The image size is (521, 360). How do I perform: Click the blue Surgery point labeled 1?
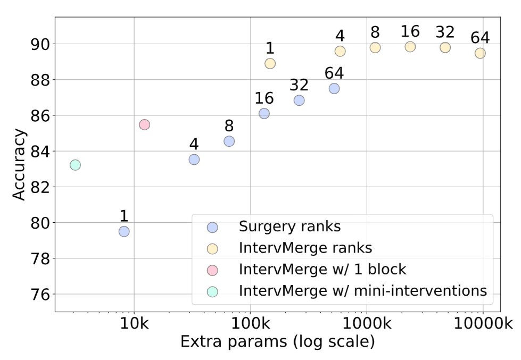tap(124, 231)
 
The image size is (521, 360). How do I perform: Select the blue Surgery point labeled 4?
tap(194, 160)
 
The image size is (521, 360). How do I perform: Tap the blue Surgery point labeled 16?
tap(264, 113)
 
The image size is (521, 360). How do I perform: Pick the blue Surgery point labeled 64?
tap(334, 88)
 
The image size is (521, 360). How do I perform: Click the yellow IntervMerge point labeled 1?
tap(270, 63)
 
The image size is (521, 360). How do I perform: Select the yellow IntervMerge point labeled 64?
tap(480, 53)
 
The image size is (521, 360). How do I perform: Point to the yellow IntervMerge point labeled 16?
tap(410, 47)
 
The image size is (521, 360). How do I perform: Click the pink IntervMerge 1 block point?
tap(144, 124)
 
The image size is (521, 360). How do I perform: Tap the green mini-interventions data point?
tap(75, 165)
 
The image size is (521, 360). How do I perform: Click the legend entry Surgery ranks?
tap(290, 227)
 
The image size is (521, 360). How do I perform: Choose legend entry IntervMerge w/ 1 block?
tap(322, 270)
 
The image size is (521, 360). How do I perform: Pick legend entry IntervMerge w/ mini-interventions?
tap(363, 291)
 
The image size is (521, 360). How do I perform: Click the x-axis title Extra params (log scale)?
tap(277, 341)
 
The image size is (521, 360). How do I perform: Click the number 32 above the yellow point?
tap(445, 32)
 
